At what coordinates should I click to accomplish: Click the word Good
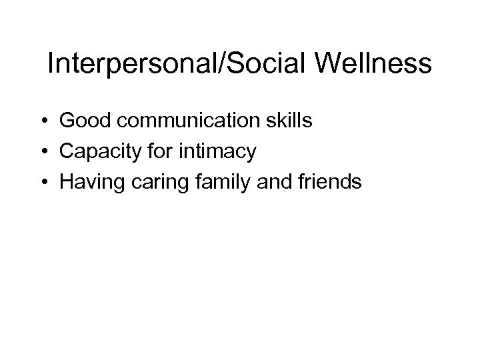click(81, 123)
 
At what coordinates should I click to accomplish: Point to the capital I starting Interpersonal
click(51, 64)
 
